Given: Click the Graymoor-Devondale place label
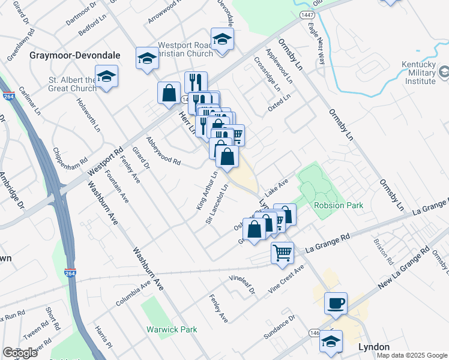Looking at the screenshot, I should pyautogui.click(x=75, y=55).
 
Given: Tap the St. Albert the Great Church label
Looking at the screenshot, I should pyautogui.click(x=73, y=84).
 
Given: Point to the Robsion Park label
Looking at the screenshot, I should pyautogui.click(x=339, y=205).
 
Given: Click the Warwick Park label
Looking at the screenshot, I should pyautogui.click(x=172, y=329).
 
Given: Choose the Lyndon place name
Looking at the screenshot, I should pyautogui.click(x=373, y=347).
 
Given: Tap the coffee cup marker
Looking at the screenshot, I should pyautogui.click(x=336, y=303).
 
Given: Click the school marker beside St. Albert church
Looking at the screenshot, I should pyautogui.click(x=107, y=76).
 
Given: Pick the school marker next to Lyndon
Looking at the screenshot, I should pyautogui.click(x=331, y=341).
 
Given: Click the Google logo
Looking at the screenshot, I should pyautogui.click(x=20, y=353).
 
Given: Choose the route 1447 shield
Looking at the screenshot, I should pyautogui.click(x=304, y=13).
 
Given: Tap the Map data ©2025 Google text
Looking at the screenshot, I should pyautogui.click(x=412, y=355).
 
